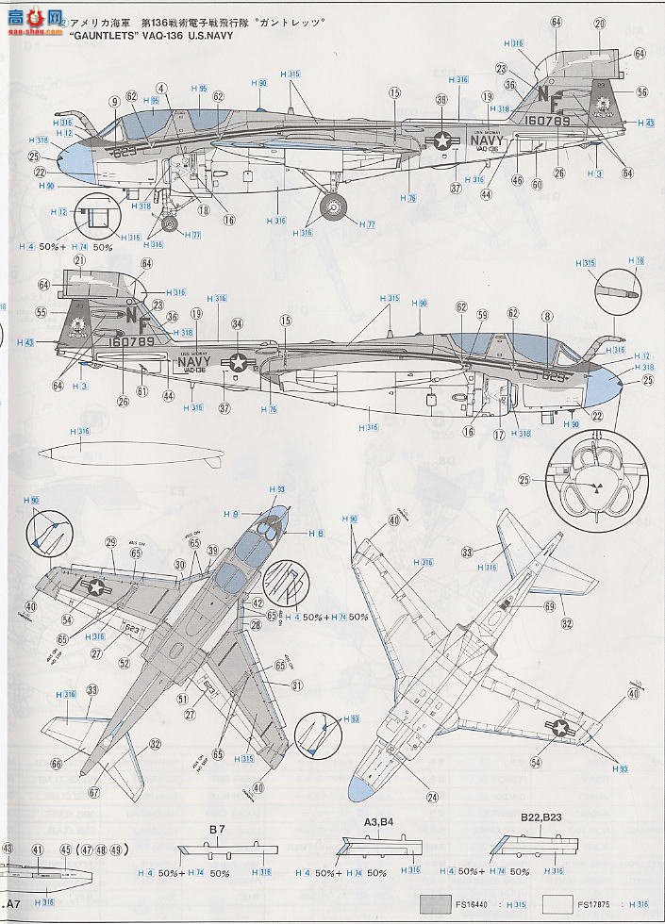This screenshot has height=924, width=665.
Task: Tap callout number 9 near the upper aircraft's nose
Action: pos(113,103)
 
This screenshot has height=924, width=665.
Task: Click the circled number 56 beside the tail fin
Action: pos(641,92)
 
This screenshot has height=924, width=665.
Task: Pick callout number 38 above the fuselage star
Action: pos(441,101)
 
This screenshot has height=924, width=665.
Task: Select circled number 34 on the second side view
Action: pos(238,323)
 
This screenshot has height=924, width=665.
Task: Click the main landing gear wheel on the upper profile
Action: pos(334,208)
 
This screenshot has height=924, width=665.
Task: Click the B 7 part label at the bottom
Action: pos(217,830)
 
